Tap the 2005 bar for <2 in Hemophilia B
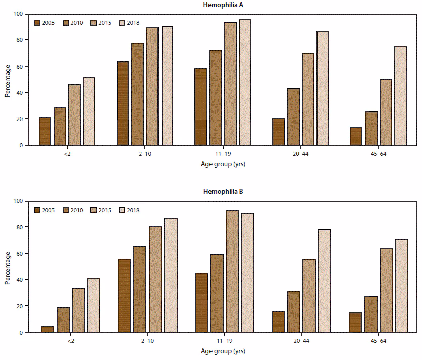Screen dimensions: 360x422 click(x=47, y=329)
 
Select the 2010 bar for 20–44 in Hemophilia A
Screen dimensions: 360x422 click(x=293, y=116)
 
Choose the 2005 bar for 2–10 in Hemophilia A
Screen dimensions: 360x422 click(x=123, y=103)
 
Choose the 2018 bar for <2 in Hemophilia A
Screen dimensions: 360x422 click(x=89, y=111)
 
